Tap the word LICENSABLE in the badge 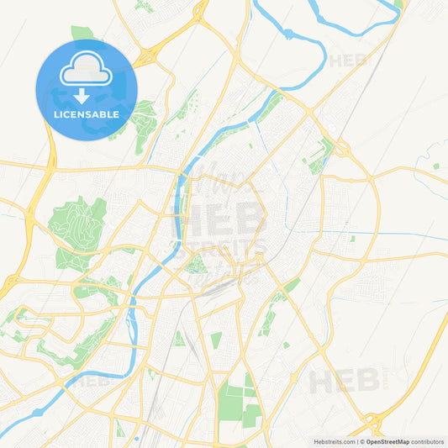click(x=86, y=113)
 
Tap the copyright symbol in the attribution click(x=362, y=440)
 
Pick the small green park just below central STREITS click(x=198, y=266)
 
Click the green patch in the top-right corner click(x=398, y=4)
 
